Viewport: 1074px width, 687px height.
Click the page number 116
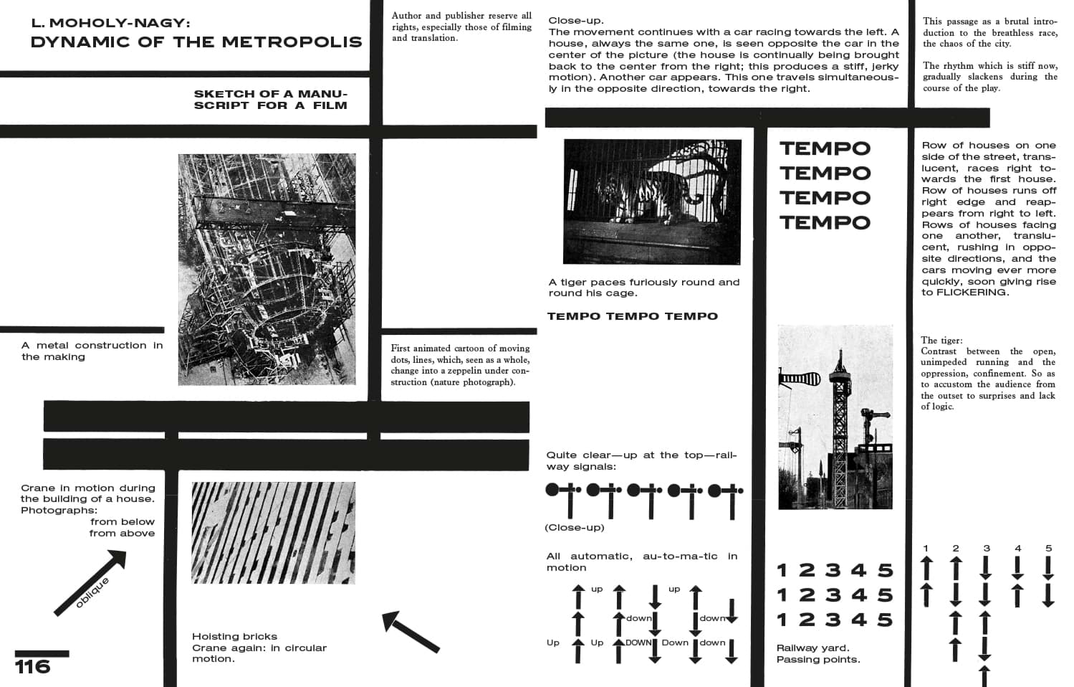point(33,666)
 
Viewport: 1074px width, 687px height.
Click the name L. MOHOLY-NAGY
point(110,23)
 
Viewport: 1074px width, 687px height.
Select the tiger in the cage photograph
point(631,194)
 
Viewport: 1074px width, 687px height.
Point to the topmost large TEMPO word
point(825,148)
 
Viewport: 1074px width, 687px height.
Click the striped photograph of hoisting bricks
point(273,532)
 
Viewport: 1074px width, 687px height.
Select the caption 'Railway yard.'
point(813,648)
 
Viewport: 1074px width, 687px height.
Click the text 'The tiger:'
point(941,340)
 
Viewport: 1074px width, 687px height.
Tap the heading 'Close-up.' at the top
point(576,21)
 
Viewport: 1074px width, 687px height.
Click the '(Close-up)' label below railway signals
point(575,528)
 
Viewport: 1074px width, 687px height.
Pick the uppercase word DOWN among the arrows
point(638,643)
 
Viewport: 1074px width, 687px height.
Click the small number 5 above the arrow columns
point(1048,549)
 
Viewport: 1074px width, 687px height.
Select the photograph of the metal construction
point(267,269)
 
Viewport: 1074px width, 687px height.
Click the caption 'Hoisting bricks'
point(234,636)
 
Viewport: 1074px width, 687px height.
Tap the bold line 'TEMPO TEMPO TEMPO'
point(632,316)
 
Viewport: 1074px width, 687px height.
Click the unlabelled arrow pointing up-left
point(409,631)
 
